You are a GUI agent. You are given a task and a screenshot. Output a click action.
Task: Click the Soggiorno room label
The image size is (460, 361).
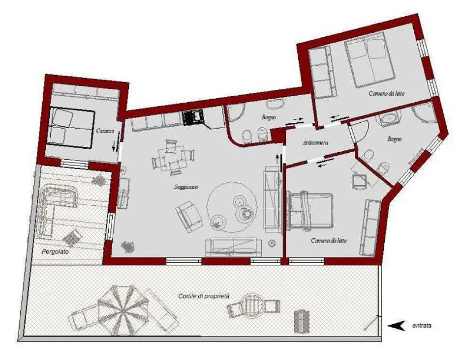pos(182,187)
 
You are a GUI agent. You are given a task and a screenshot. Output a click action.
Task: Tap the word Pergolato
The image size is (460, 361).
pos(55,251)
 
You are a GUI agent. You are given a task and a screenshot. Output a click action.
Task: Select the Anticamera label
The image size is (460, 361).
pos(315,143)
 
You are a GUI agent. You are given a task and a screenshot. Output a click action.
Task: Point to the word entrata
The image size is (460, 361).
pos(422,325)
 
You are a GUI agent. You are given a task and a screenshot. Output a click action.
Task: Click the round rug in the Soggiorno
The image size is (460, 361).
pos(231,204)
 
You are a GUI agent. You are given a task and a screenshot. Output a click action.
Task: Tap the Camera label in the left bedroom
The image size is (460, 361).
pos(105,131)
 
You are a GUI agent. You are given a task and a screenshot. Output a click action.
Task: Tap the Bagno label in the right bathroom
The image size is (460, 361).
pos(394,139)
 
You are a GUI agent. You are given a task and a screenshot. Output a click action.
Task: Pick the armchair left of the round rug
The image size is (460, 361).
pos(189,216)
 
